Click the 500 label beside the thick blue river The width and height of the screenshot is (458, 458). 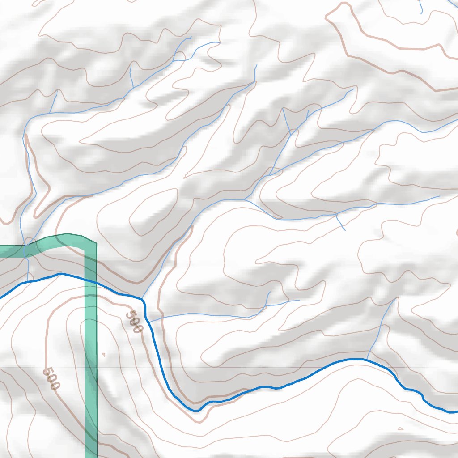point(134,322)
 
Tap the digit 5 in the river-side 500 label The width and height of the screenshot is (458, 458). point(129,315)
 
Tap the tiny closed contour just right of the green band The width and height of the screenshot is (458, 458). point(104,355)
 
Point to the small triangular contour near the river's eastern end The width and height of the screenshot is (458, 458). point(400,428)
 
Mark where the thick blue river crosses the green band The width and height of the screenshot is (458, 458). point(91,281)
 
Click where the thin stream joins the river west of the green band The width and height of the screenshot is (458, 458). point(28,281)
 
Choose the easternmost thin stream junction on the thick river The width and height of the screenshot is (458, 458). point(367,359)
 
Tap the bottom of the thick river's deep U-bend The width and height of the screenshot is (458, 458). point(196,410)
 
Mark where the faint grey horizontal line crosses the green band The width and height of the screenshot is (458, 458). point(91,368)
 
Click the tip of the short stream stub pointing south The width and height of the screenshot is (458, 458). point(345,230)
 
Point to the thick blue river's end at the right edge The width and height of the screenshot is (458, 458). point(456,411)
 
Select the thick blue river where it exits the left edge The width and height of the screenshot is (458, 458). point(1,297)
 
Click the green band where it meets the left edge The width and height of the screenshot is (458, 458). point(2,251)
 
